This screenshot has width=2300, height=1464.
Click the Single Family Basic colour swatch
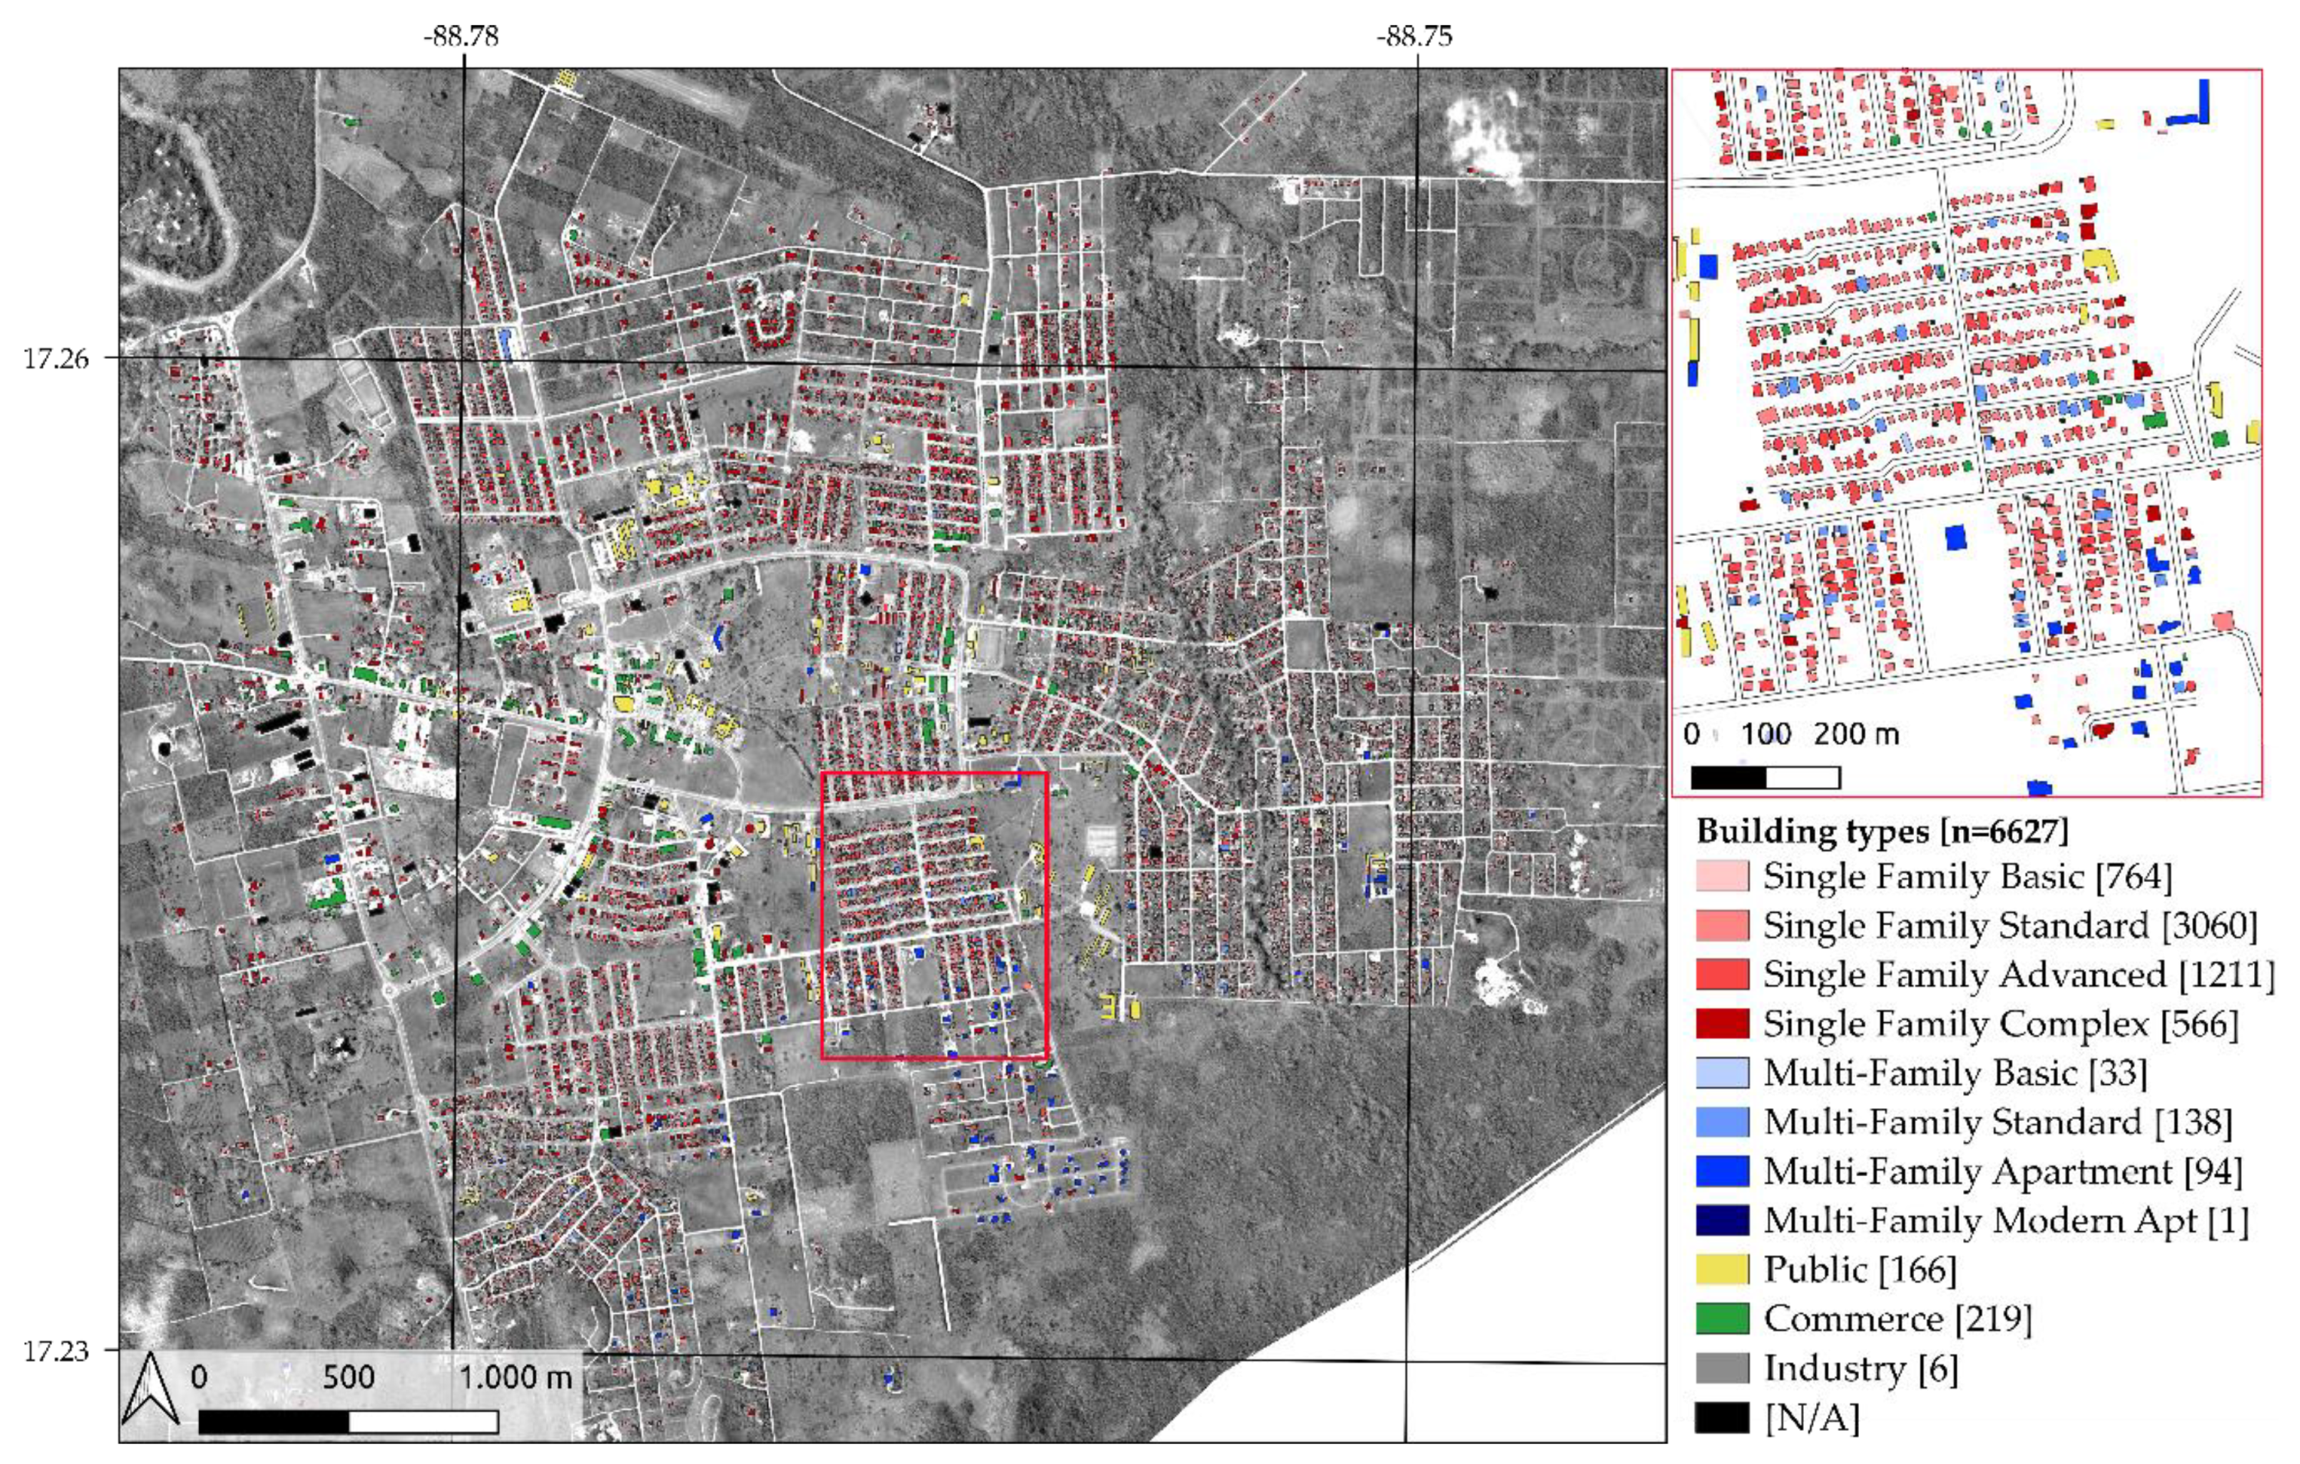1721,876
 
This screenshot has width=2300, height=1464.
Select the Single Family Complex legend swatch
1721,1024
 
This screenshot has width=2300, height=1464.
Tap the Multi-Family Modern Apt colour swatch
1721,1221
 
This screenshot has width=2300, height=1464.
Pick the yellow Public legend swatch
1721,1270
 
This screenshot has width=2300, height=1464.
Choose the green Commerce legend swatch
1721,1319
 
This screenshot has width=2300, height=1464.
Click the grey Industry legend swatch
1721,1368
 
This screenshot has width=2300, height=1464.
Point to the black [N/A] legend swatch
1721,1417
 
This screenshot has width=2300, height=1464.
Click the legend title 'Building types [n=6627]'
1882,831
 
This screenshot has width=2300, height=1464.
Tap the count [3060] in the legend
2207,926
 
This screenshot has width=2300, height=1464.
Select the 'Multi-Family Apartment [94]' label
2002,1171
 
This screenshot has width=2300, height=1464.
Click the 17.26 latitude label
55,359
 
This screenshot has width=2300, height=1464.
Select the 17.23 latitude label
55,1351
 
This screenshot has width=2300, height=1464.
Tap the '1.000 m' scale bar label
515,1377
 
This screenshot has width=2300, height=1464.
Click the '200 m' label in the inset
1856,734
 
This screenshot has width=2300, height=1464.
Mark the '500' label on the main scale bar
348,1377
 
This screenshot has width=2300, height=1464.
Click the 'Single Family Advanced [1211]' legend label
2018,974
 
